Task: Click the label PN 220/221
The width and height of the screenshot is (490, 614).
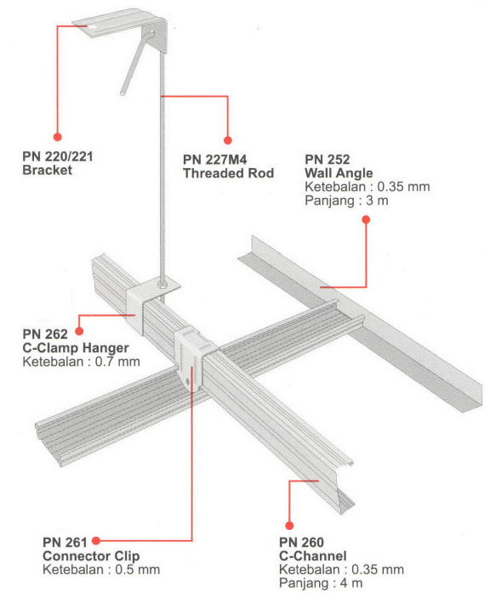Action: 58,156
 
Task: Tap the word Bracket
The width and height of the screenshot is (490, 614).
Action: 47,170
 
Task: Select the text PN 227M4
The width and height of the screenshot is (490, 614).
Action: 215,160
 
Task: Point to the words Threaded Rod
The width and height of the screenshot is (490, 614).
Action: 228,173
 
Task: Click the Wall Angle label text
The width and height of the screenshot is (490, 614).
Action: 339,173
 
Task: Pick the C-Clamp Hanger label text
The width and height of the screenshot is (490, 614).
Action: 76,347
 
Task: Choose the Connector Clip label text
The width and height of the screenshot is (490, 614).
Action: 91,556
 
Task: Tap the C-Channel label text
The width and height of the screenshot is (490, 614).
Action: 313,556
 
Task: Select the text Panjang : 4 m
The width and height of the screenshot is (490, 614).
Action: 321,583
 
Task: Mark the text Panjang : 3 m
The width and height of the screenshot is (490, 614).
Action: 346,200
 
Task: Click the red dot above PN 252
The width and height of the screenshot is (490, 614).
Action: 366,220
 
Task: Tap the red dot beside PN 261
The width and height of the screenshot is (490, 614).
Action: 96,541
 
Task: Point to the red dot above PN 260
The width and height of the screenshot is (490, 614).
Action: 289,526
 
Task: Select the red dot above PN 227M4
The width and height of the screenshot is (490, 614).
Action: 228,140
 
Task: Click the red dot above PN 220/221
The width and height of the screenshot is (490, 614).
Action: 58,137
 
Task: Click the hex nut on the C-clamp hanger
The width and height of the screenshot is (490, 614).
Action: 162,283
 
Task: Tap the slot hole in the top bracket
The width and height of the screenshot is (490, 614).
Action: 93,26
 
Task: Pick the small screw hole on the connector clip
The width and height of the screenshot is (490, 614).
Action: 188,381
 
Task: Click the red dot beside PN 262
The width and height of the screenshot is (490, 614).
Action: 79,331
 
